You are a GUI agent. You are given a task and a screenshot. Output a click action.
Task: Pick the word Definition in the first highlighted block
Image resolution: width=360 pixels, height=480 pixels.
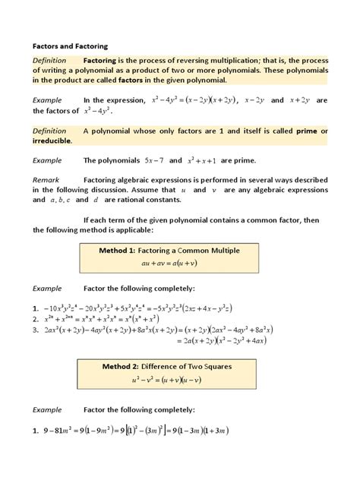50,59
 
